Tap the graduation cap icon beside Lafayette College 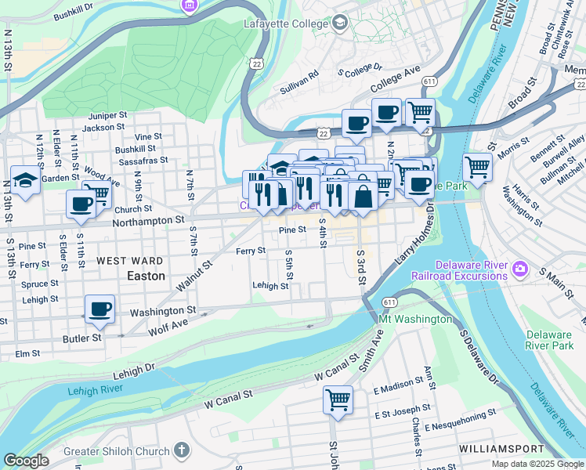(339, 23)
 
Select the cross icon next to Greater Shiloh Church (182, 450)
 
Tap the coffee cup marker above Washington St (99, 309)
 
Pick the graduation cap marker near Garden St (25, 181)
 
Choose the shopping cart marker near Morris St (477, 166)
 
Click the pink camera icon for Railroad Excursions (519, 271)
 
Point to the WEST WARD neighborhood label (130, 261)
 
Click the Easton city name (146, 277)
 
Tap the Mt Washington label (415, 320)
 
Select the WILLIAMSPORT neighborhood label (501, 449)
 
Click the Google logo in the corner (26, 461)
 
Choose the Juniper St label (107, 114)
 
